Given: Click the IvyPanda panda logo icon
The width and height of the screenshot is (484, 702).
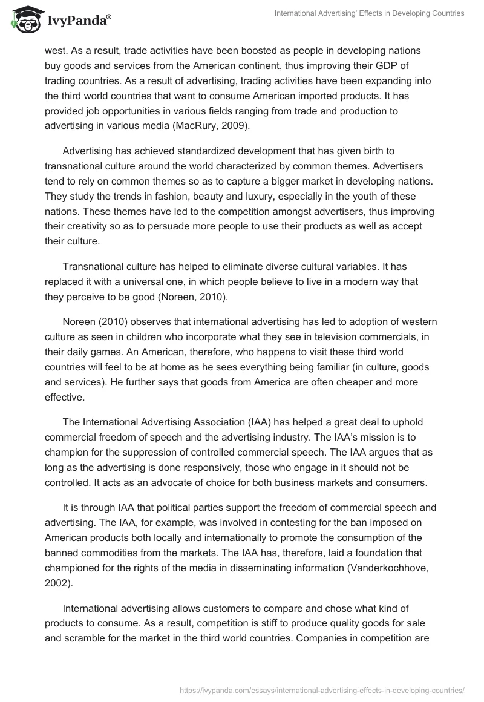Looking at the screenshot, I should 23,20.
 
